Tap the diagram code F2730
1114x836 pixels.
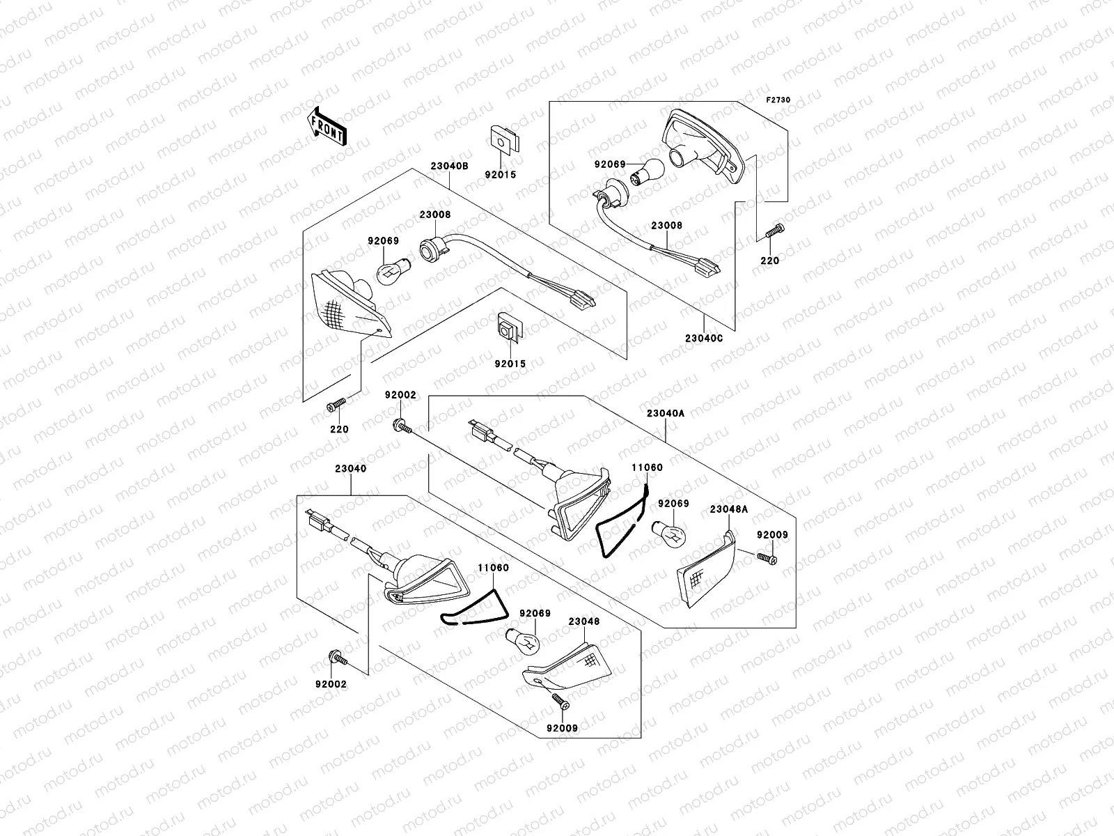click(x=778, y=100)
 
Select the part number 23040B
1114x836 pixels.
click(x=449, y=166)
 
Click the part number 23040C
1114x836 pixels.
click(x=704, y=339)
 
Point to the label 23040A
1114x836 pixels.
click(x=666, y=414)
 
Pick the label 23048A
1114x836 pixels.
click(x=729, y=509)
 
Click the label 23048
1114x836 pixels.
click(x=583, y=621)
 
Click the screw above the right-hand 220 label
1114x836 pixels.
click(x=774, y=231)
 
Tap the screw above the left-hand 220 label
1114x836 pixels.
click(x=336, y=405)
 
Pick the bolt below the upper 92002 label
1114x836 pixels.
click(x=403, y=426)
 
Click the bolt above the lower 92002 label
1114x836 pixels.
click(x=338, y=658)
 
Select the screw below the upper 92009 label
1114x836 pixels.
click(x=767, y=558)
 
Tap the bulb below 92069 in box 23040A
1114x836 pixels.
click(x=669, y=533)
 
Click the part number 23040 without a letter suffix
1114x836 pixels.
click(x=350, y=468)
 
